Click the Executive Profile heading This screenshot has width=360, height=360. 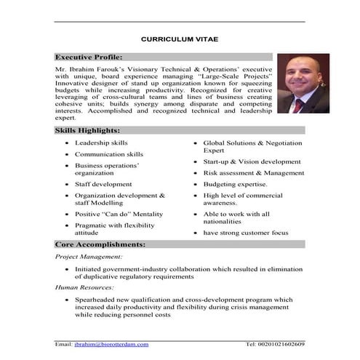tap(89, 57)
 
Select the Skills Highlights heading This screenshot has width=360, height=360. tap(87, 129)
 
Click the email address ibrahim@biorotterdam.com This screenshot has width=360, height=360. tap(111, 344)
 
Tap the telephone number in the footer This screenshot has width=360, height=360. tap(275, 344)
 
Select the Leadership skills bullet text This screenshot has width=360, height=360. tap(101, 143)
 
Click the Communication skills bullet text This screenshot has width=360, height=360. tap(109, 154)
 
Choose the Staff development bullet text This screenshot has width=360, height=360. tap(103, 185)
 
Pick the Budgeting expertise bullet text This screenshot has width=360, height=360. tap(235, 185)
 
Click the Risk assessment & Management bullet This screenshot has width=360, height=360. tap(254, 173)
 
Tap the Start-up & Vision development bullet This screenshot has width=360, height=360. tap(252, 161)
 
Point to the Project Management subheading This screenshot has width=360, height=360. tap(89, 257)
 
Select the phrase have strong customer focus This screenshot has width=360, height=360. tap(246, 233)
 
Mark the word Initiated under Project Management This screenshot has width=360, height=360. tap(89, 268)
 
